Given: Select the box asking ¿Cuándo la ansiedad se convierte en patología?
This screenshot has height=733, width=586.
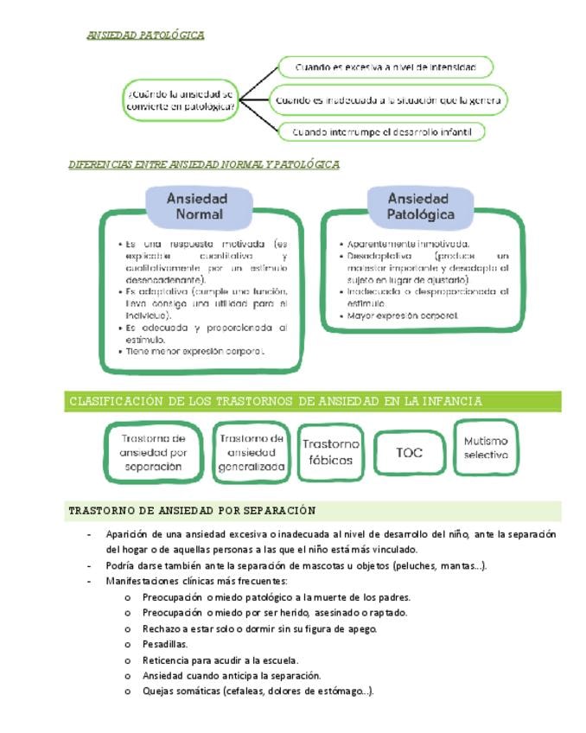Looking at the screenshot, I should click(180, 100).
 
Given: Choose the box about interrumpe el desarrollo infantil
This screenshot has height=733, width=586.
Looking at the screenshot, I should click(381, 132).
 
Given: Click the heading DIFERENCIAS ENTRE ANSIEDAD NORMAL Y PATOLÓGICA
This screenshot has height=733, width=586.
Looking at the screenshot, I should click(203, 164).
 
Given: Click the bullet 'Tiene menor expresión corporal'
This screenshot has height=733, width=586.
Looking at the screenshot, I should click(194, 352).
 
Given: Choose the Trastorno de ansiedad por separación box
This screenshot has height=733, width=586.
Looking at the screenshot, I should click(153, 452).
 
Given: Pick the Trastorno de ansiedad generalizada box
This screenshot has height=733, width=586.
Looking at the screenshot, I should click(251, 452).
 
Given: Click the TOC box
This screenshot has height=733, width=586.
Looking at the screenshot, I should click(409, 451).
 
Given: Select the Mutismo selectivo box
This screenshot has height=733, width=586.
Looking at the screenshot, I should click(486, 448).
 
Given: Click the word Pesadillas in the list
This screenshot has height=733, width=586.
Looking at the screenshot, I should click(165, 644).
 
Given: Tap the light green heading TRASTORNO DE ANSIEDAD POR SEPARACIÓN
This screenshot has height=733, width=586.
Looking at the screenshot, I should click(192, 511).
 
